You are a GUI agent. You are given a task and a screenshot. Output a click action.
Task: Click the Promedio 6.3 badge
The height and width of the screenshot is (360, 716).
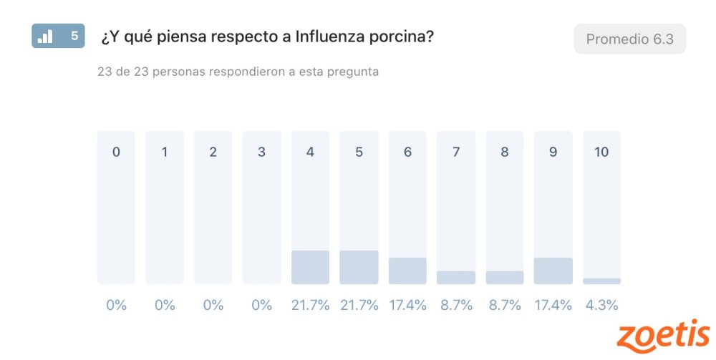pos(629,39)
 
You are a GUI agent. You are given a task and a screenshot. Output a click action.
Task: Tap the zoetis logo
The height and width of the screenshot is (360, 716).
pos(664,336)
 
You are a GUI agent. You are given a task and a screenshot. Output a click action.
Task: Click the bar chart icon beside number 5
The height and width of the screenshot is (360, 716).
pos(46,36)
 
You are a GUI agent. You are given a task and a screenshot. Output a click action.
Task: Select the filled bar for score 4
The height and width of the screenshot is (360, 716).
pos(310,267)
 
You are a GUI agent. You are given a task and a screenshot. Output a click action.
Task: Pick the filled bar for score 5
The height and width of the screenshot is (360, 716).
pos(359,267)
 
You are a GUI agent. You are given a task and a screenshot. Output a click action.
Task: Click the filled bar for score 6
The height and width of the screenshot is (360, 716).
pos(407,271)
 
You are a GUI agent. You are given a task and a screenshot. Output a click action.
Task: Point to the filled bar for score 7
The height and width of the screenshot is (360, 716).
pos(456,278)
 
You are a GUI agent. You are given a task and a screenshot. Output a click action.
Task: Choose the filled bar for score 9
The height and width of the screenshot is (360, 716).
pos(553,271)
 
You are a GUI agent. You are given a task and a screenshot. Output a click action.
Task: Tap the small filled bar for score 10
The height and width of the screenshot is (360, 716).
pos(601,281)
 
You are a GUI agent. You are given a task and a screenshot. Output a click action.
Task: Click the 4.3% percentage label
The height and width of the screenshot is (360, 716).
pos(601,305)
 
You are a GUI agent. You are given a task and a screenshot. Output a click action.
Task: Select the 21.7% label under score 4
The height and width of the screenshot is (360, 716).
pos(310,305)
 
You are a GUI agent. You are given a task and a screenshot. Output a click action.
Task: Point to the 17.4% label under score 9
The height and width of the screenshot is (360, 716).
pos(553,305)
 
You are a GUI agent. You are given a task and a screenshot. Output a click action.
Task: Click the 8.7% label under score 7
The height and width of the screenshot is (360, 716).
pos(456,305)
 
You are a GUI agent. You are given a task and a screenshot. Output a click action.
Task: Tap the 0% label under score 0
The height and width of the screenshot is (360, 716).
pos(116,305)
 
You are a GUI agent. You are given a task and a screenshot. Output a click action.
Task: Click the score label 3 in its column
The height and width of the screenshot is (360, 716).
pos(261,152)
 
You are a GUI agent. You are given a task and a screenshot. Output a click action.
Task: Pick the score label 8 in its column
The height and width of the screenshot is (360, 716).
pos(505,152)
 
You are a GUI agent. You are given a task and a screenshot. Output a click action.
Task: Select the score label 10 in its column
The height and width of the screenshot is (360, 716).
pos(601,152)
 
